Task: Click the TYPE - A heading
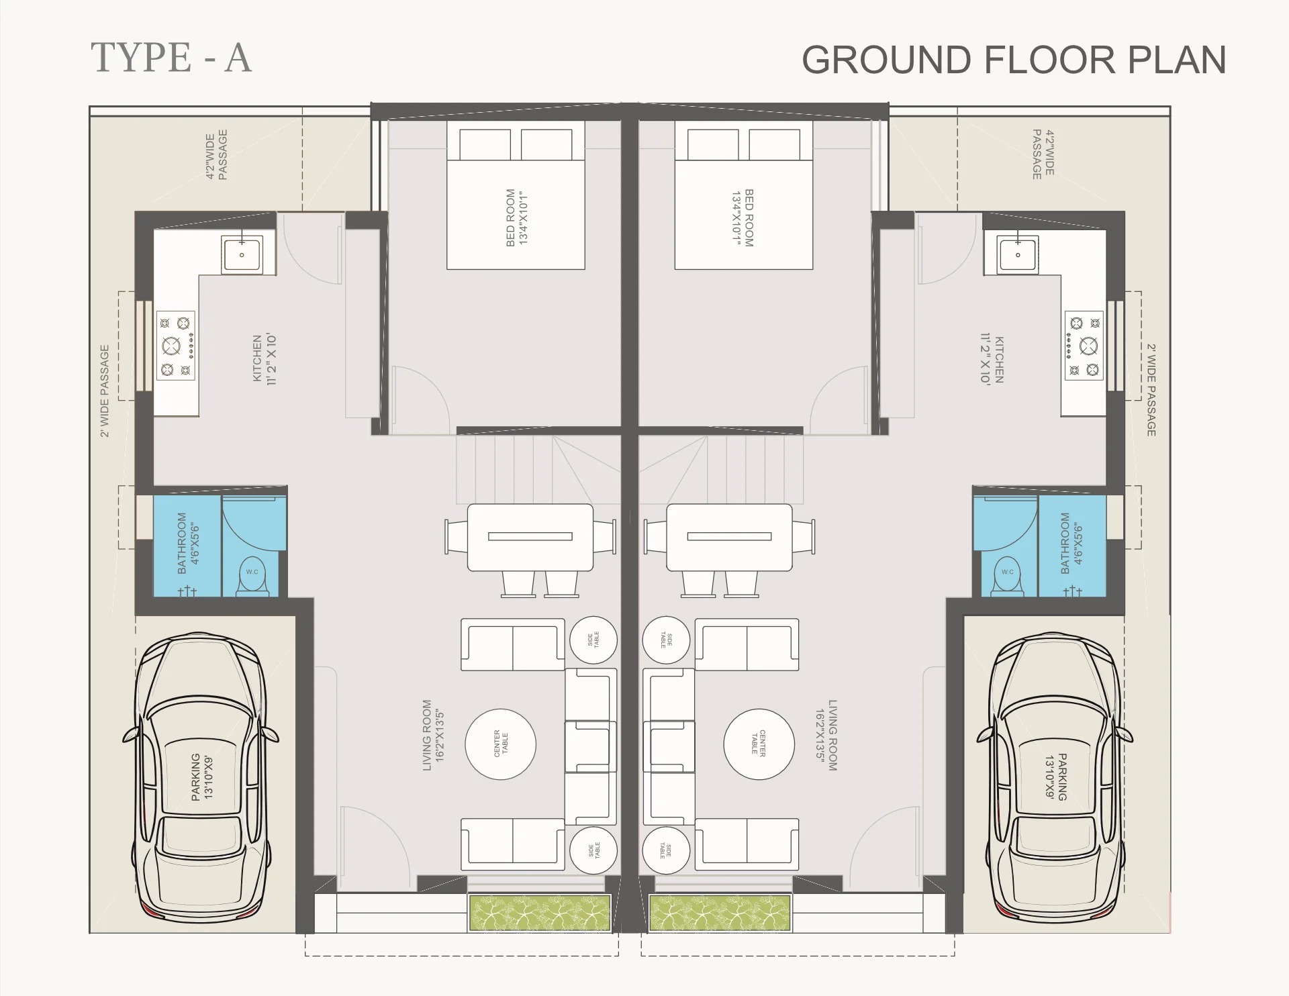pos(171,58)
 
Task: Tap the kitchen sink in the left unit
pos(242,254)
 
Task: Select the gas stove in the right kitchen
pos(1084,346)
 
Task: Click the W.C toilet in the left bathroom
pos(252,575)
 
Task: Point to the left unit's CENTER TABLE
pos(501,744)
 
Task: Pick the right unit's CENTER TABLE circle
pos(758,744)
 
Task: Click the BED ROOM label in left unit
pos(517,217)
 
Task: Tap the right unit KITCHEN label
pos(992,360)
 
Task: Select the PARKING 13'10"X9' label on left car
pos(201,776)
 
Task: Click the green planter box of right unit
pos(720,913)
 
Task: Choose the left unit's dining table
pos(530,537)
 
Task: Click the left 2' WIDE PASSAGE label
pos(105,391)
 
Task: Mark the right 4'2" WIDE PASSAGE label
pos(1043,154)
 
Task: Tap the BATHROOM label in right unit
pos(1071,543)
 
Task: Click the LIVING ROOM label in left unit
pos(434,735)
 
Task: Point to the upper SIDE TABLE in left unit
pos(593,640)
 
